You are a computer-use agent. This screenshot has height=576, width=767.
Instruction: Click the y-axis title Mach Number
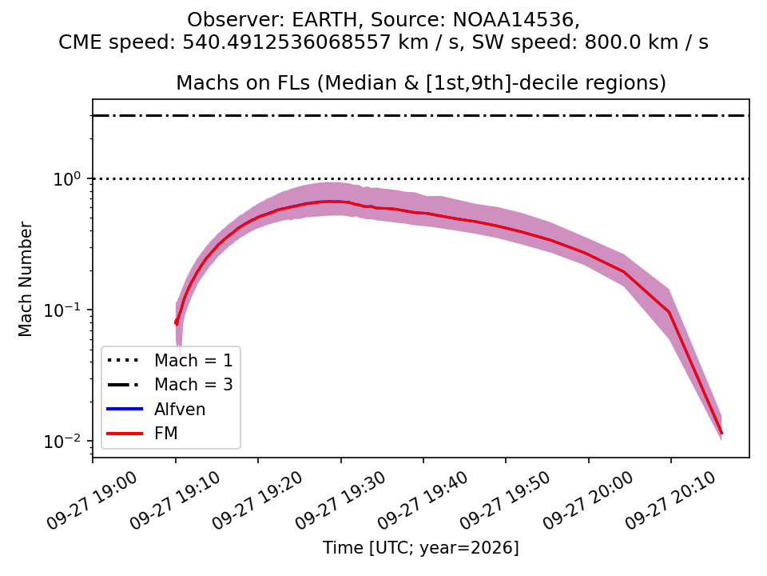(25, 279)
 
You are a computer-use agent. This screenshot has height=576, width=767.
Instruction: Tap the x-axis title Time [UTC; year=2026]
(421, 547)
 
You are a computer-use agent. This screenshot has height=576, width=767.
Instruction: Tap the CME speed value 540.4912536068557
(288, 42)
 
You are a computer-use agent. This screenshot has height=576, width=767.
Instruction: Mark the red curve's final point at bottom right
(721, 434)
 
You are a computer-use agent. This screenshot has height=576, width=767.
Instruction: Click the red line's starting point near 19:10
(176, 322)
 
